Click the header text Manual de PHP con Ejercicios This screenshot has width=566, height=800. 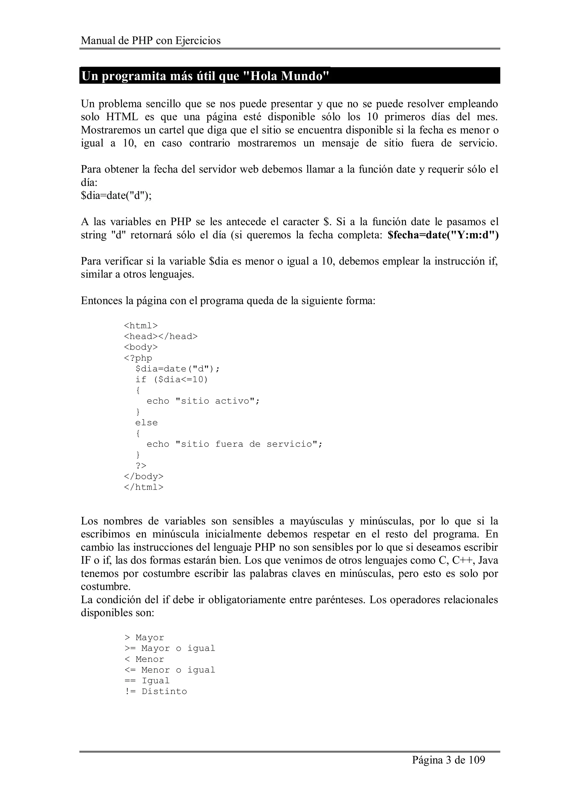[151, 41]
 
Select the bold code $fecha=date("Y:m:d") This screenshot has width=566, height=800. [443, 235]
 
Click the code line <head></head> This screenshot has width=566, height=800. [161, 336]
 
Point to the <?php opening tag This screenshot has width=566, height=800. [138, 358]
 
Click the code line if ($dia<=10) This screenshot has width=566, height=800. [172, 379]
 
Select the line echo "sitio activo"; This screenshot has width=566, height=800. [203, 401]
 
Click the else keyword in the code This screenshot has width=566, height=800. [146, 423]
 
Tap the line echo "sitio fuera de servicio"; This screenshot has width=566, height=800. [234, 444]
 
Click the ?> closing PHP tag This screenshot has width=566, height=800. [141, 466]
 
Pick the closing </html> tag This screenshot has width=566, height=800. [144, 487]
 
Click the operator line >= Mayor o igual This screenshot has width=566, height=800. [170, 648]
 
